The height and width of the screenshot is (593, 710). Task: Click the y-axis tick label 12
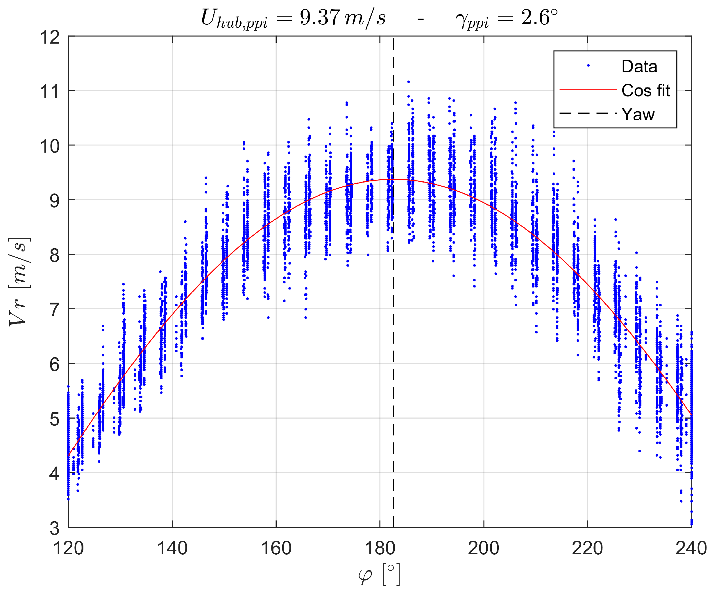[50, 37]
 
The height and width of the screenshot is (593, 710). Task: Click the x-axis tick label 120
[69, 548]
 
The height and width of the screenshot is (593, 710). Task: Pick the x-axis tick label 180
[380, 548]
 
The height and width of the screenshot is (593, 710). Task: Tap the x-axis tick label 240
[691, 548]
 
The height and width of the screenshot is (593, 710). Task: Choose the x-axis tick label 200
[484, 548]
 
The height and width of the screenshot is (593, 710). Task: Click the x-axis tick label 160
[276, 548]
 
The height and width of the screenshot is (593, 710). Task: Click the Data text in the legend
[639, 66]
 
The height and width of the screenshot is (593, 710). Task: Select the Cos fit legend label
[645, 90]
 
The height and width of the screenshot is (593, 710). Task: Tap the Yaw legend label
[638, 114]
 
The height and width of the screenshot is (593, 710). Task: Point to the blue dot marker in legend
[588, 66]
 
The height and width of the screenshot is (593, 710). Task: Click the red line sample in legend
[588, 89]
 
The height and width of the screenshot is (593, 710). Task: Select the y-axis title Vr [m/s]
[19, 282]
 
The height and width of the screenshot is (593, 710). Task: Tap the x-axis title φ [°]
[379, 574]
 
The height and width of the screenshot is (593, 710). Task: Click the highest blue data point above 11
[408, 82]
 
